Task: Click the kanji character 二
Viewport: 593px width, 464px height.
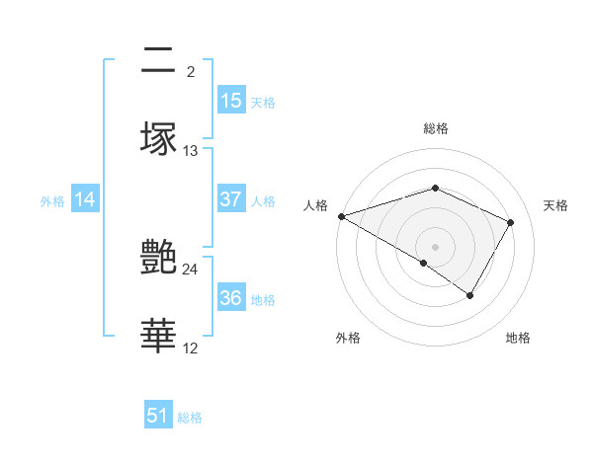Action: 158,61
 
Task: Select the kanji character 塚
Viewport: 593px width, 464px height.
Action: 159,139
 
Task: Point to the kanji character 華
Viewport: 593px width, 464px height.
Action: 159,337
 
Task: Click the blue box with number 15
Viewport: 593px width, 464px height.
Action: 231,101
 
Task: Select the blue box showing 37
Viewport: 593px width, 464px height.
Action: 231,199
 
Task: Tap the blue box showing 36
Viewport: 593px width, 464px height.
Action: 231,298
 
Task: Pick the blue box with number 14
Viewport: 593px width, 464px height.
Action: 85,199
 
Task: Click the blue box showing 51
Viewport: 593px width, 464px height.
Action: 158,416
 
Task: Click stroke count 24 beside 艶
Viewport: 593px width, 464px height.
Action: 191,269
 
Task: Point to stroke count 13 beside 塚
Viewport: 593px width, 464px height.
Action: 191,151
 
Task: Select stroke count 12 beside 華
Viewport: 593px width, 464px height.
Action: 191,348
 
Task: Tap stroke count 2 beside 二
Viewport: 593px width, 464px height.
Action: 190,72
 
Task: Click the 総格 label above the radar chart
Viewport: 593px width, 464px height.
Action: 435,128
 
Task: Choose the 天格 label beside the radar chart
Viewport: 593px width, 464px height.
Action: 555,205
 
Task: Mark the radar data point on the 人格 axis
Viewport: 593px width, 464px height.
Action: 341,215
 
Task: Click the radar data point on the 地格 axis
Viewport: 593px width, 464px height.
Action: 470,295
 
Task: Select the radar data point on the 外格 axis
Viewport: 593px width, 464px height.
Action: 424,263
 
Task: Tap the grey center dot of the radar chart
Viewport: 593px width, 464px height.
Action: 435,246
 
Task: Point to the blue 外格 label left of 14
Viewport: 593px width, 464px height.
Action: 52,201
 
